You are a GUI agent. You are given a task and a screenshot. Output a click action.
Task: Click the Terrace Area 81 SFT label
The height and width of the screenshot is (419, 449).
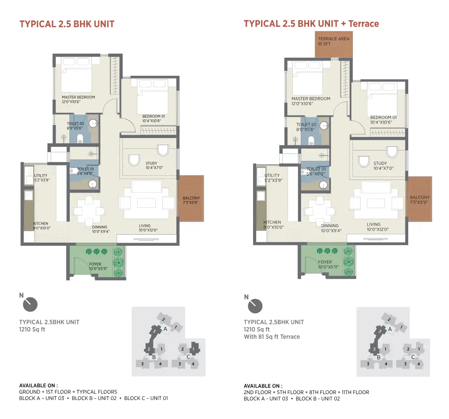pyautogui.click(x=334, y=41)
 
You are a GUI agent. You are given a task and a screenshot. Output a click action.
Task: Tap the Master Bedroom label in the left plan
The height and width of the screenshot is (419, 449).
pyautogui.click(x=79, y=97)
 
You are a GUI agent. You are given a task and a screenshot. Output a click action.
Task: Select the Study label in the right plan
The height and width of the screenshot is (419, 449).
pyautogui.click(x=380, y=163)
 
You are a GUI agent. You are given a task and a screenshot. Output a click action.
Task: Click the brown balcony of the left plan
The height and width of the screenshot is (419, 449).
pyautogui.click(x=191, y=198)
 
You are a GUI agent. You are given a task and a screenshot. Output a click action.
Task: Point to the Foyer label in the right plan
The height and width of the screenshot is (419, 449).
pyautogui.click(x=325, y=262)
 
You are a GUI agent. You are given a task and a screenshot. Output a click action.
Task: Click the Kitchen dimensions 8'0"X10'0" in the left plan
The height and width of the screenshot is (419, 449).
pyautogui.click(x=42, y=228)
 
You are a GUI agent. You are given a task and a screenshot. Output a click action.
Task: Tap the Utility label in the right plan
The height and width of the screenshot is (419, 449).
pyautogui.click(x=272, y=175)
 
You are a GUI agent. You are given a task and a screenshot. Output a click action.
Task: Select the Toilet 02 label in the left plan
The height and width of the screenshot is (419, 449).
pyautogui.click(x=75, y=124)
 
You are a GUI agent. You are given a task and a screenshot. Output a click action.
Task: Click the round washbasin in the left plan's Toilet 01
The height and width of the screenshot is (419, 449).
pyautogui.click(x=92, y=184)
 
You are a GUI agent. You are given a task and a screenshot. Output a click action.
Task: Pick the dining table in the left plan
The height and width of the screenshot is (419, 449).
pyautogui.click(x=89, y=211)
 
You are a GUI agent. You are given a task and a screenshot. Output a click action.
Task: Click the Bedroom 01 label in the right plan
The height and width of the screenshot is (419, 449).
pyautogui.click(x=383, y=117)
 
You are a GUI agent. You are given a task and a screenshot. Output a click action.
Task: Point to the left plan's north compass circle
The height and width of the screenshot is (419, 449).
pyautogui.click(x=30, y=304)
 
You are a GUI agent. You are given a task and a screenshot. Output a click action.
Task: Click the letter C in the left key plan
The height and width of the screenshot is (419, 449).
pyautogui.click(x=188, y=357)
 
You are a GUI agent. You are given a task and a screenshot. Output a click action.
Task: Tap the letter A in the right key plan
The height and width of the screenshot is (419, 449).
pyautogui.click(x=390, y=329)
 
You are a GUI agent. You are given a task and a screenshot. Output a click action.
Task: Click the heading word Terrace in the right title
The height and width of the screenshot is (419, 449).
pyautogui.click(x=363, y=24)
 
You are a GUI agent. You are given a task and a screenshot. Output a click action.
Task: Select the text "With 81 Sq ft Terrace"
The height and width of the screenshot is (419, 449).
pyautogui.click(x=272, y=337)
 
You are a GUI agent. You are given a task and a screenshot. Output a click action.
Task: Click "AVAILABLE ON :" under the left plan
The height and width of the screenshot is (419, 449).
pyautogui.click(x=38, y=386)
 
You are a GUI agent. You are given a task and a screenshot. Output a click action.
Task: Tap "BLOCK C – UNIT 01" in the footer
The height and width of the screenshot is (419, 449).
pyautogui.click(x=146, y=398)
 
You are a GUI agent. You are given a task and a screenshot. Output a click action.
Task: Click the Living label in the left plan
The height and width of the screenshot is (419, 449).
pyautogui.click(x=145, y=226)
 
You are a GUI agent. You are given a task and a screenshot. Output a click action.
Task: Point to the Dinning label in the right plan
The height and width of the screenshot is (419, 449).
pyautogui.click(x=330, y=226)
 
